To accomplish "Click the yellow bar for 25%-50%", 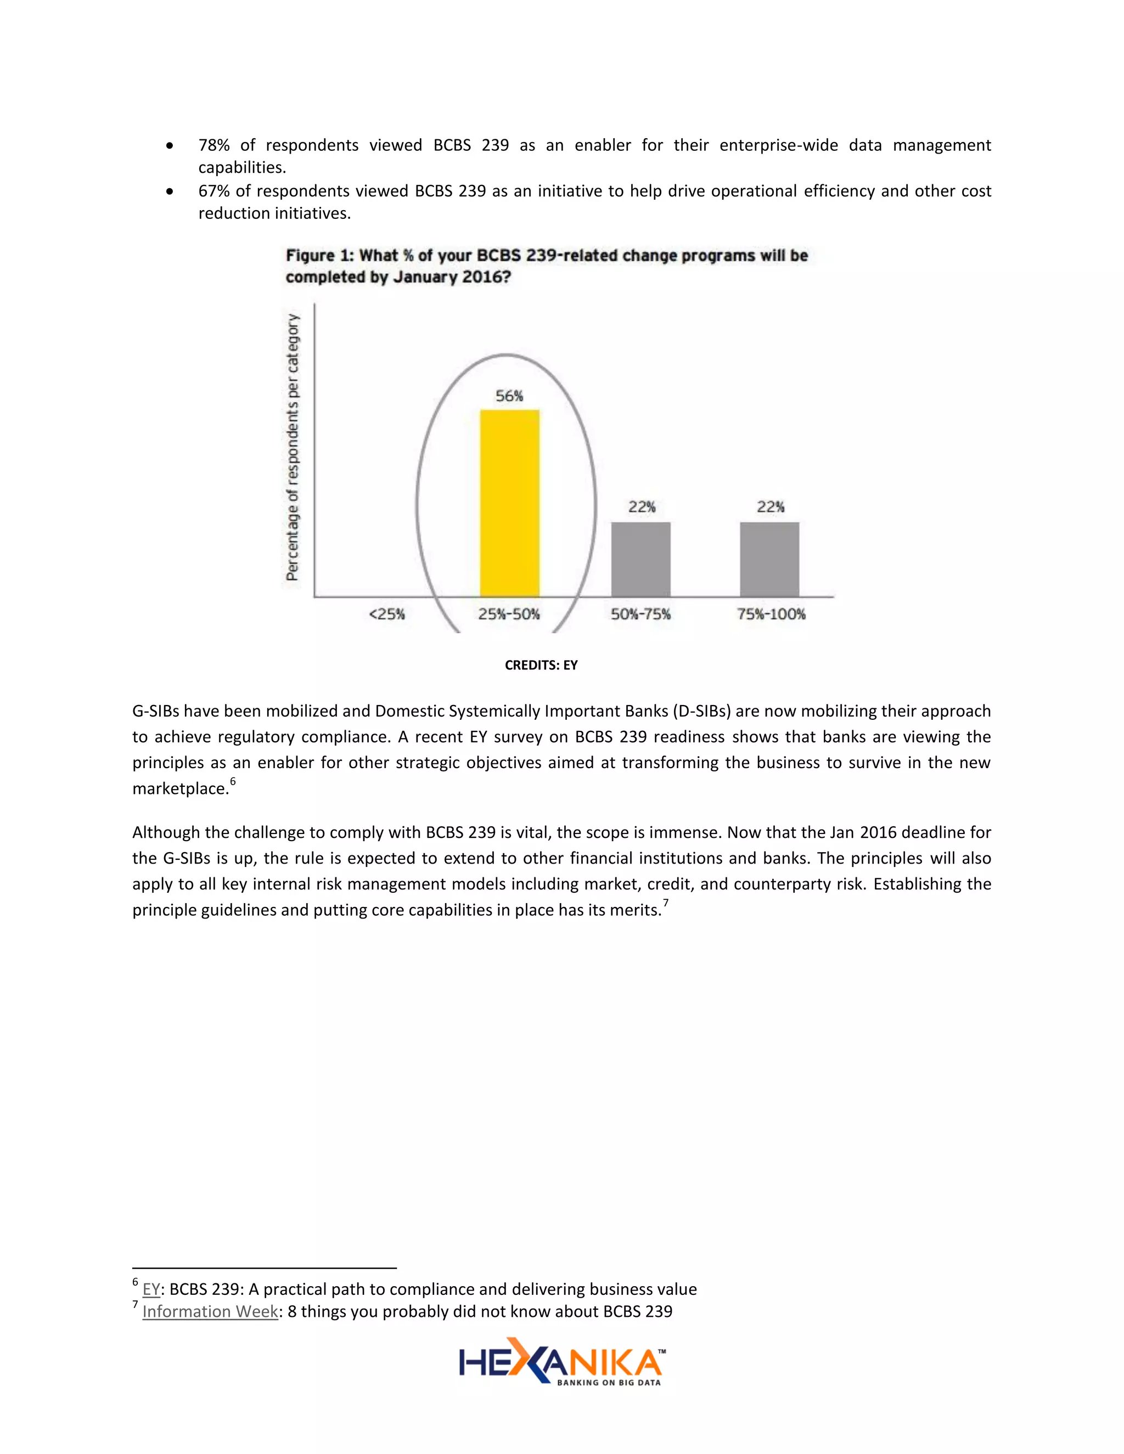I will (509, 503).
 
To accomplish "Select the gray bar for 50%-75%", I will (640, 559).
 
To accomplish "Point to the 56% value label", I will (509, 396).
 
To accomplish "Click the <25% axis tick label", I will (387, 614).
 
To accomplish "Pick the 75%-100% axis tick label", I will (771, 614).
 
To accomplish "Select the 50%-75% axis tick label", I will (640, 614).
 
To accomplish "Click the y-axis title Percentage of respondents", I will (293, 447).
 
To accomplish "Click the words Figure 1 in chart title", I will (319, 256).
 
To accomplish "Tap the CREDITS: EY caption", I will (541, 665).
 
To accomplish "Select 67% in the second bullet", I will (213, 191).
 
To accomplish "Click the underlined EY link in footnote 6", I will (151, 1289).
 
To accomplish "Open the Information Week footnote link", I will (210, 1311).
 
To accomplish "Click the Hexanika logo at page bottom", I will (561, 1362).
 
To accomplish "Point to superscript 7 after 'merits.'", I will (665, 903).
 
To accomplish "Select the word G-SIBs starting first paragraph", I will (155, 711).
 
